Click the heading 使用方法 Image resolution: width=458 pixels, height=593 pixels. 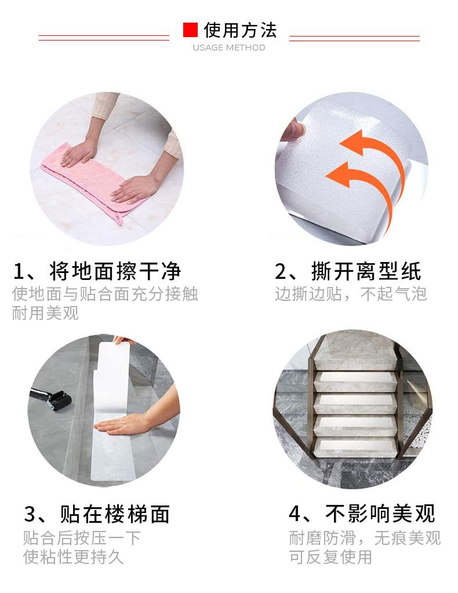pos(240,30)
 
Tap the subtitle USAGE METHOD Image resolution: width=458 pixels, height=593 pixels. pos(229,48)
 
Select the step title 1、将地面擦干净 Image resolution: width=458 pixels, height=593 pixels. pos(97,271)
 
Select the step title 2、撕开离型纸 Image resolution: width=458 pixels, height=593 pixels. pos(348,271)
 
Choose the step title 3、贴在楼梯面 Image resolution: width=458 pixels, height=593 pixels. pos(97,514)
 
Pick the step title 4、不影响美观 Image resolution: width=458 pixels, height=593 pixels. pos(362,514)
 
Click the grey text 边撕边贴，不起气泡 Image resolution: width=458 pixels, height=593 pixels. pos(351,294)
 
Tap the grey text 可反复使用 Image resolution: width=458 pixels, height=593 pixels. pos(330,557)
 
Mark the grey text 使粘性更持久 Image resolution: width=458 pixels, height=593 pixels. pos(73,557)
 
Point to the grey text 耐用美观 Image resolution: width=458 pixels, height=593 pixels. pos(45,314)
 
